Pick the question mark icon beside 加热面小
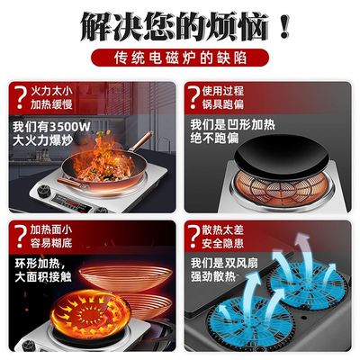pos(17,235)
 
